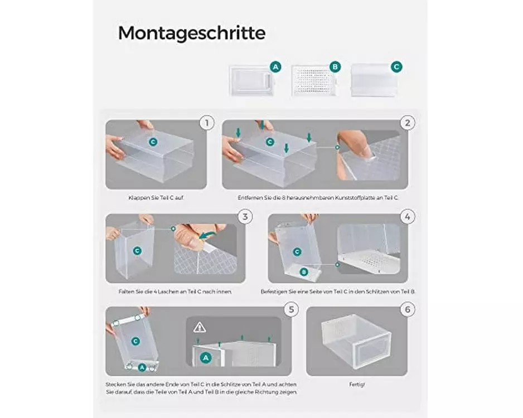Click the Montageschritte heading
(x=192, y=33)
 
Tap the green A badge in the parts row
(x=275, y=67)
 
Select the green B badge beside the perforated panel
(x=335, y=67)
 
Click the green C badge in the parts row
(x=396, y=67)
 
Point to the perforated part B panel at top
(x=314, y=81)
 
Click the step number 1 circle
(x=207, y=123)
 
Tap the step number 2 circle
(x=407, y=123)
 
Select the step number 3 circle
(x=245, y=217)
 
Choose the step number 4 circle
(x=407, y=217)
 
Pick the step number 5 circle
(x=291, y=310)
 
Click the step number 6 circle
(x=407, y=310)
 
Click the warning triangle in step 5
(x=200, y=327)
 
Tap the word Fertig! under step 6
(x=357, y=385)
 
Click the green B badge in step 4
(x=304, y=272)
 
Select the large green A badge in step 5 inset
(x=206, y=358)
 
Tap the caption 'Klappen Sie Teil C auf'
(x=156, y=198)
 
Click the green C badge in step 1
(x=153, y=142)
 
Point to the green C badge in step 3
(x=137, y=251)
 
